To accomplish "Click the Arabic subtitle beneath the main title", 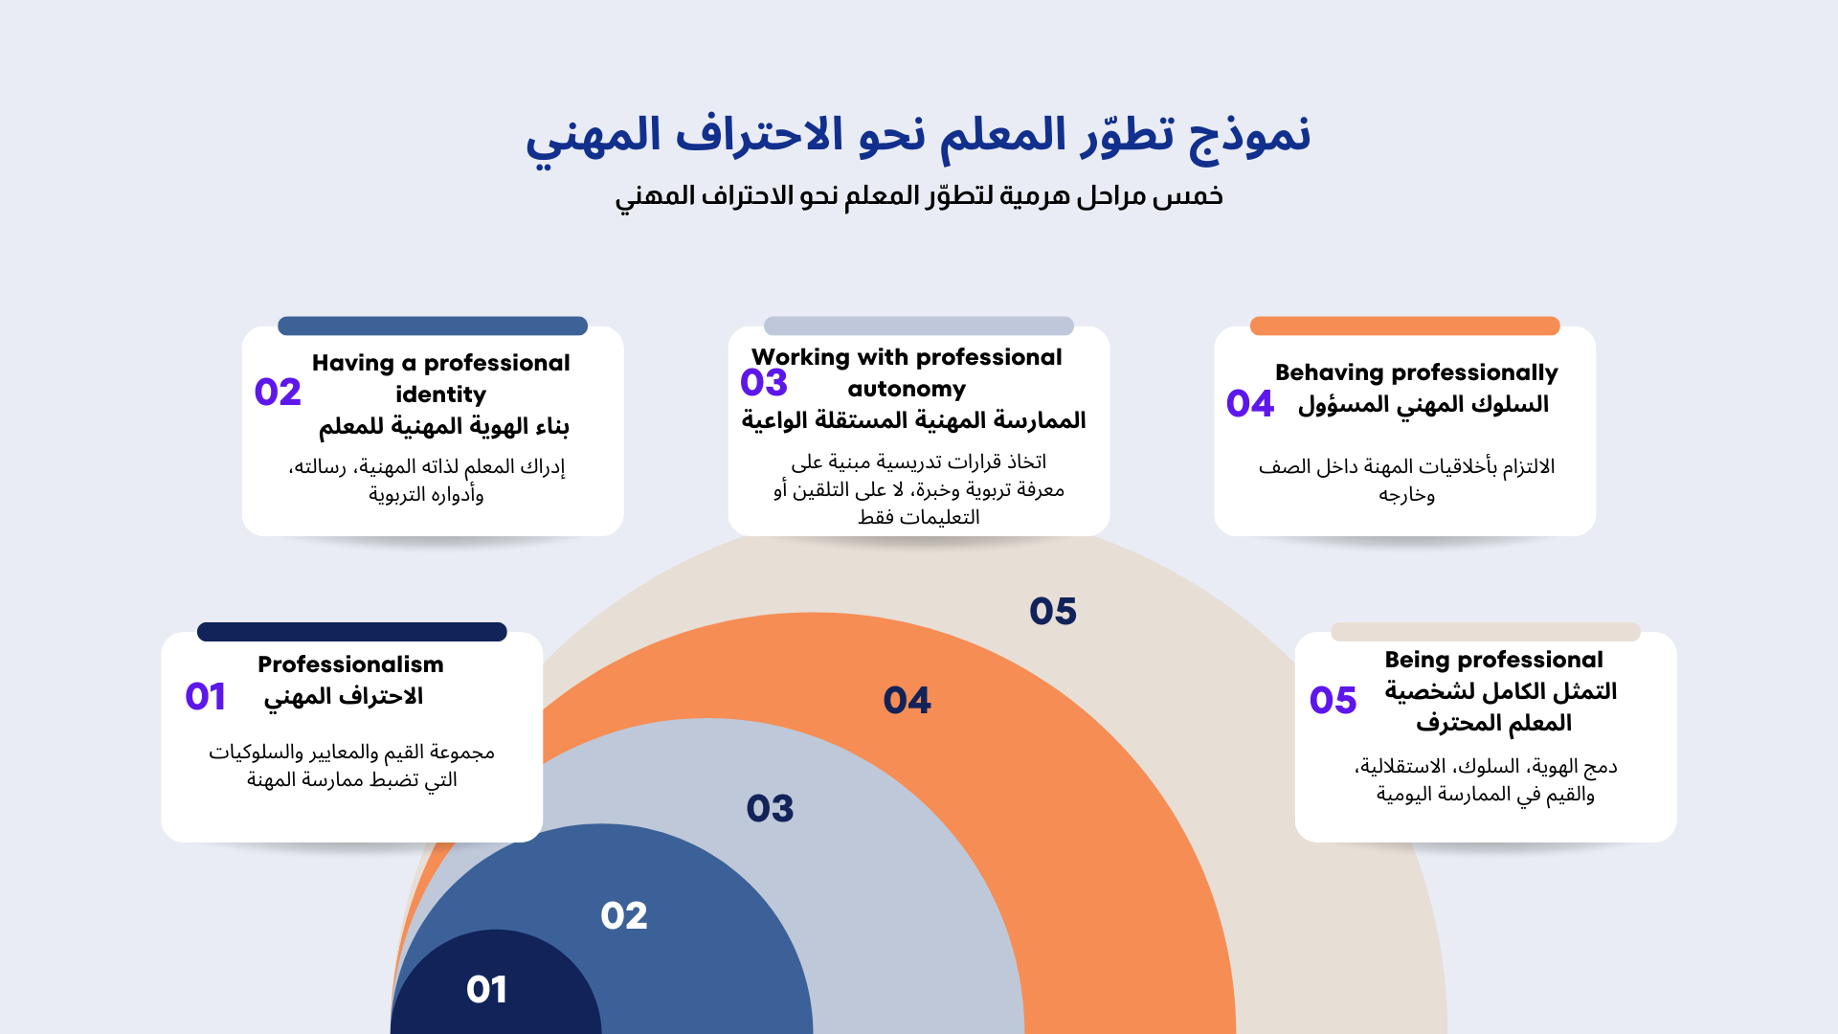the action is tap(918, 196).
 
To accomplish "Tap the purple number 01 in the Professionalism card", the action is tap(206, 696).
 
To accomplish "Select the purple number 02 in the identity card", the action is tap(278, 392).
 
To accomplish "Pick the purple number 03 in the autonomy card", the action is tap(764, 382).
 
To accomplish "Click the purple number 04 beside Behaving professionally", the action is tap(1250, 403).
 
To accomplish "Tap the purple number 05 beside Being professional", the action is tap(1334, 700).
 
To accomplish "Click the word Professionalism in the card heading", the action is tap(350, 664).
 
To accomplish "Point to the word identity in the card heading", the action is tap(441, 394).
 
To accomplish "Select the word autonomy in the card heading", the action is tap(907, 389).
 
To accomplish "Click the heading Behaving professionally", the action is tap(1417, 372).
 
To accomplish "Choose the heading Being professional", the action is tap(1493, 660).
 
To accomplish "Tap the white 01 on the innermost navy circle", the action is tap(487, 989).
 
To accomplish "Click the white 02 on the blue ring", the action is tap(624, 915).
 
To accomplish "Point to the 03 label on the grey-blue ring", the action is tap(771, 808).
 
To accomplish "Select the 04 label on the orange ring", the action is tap(908, 700).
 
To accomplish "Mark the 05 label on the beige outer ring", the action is tap(1053, 611).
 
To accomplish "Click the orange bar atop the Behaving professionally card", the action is tap(1404, 326).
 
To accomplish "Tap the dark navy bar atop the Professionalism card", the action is tap(351, 632).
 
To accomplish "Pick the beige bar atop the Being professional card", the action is tap(1485, 632).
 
